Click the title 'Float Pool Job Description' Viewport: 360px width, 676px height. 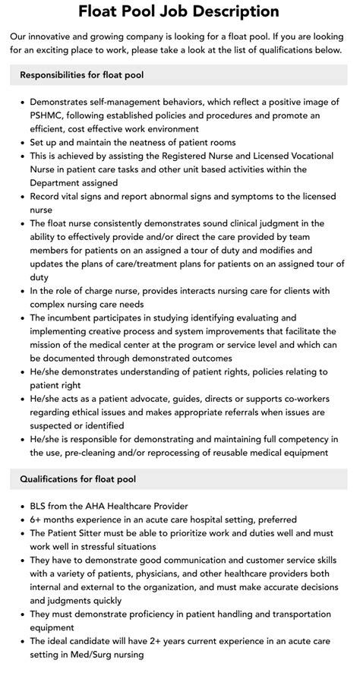pos(179,12)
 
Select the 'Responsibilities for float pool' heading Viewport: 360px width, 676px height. pos(82,75)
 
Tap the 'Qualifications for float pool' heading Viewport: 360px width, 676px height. pos(79,479)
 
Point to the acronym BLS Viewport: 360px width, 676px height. pos(40,505)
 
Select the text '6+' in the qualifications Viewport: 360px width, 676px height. pos(36,520)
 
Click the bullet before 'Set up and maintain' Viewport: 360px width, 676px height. pos(23,143)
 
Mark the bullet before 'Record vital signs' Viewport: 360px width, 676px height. pos(23,196)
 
